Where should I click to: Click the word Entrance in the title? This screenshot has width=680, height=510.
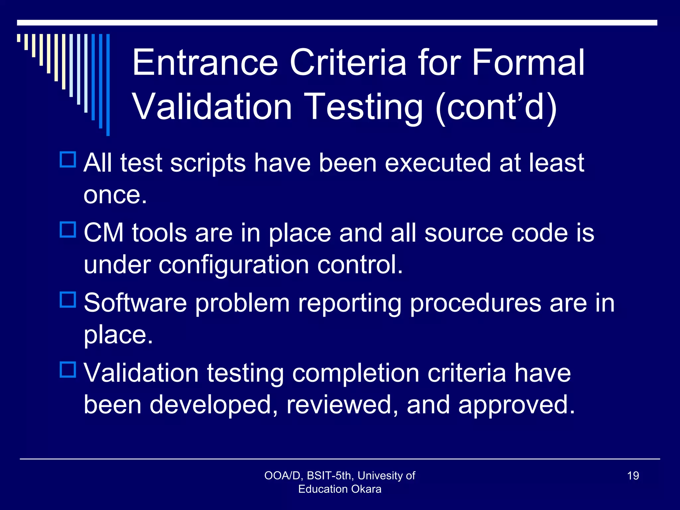click(x=205, y=63)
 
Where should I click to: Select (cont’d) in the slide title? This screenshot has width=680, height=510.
click(x=496, y=107)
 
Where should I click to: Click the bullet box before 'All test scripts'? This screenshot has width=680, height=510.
click(x=68, y=159)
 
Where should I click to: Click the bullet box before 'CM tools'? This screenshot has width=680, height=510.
click(x=68, y=229)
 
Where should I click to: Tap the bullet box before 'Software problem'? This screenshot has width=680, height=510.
click(x=68, y=299)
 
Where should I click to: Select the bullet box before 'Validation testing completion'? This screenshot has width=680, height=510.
click(x=68, y=370)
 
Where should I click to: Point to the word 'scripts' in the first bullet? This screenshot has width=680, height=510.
click(x=208, y=163)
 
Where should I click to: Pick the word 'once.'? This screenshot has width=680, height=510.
click(x=115, y=195)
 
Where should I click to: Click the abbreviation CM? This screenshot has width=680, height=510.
click(x=104, y=233)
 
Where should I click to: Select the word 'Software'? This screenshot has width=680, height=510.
click(x=135, y=303)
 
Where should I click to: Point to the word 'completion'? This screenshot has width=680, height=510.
click(x=356, y=373)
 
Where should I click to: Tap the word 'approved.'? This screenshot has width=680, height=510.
click(x=516, y=405)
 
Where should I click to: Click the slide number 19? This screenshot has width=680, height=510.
click(x=633, y=476)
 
